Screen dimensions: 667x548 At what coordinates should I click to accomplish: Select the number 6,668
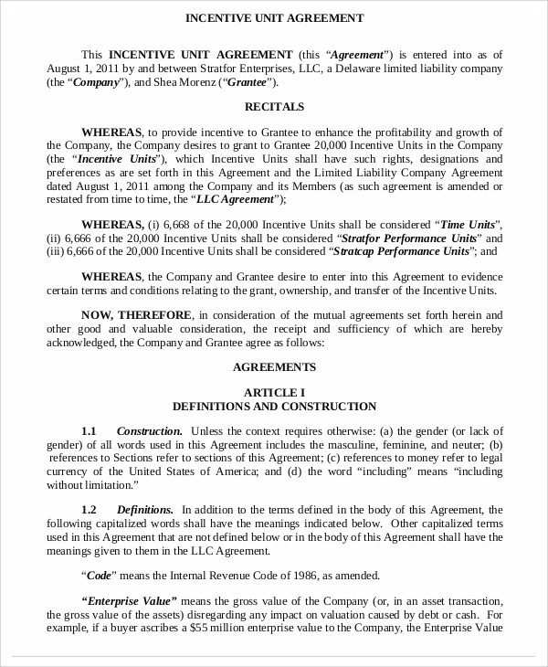pos(179,224)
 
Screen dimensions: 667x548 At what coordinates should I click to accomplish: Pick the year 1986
pos(282,576)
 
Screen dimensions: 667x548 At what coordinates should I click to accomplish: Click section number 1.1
pos(89,430)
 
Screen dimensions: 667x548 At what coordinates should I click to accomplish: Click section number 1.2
pos(89,509)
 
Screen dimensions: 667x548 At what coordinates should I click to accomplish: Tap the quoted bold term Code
pos(98,576)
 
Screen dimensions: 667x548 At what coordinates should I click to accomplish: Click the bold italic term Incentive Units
pos(114,158)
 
